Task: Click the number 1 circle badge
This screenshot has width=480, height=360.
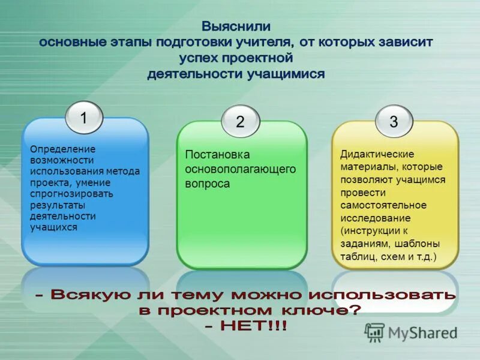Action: coord(83,118)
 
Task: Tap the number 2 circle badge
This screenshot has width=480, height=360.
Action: coord(240,122)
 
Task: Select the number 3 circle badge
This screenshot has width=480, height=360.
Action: coord(394,122)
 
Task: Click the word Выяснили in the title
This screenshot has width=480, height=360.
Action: coord(236,27)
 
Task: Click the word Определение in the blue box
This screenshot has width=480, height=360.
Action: coord(63,149)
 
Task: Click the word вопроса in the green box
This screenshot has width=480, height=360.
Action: coord(207,184)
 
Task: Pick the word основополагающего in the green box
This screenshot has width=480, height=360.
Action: coord(240,169)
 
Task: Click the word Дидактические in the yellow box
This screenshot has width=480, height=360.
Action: coord(377,154)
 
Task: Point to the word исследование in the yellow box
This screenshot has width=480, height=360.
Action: coord(376,218)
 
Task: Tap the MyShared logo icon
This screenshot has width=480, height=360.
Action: coord(375,332)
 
